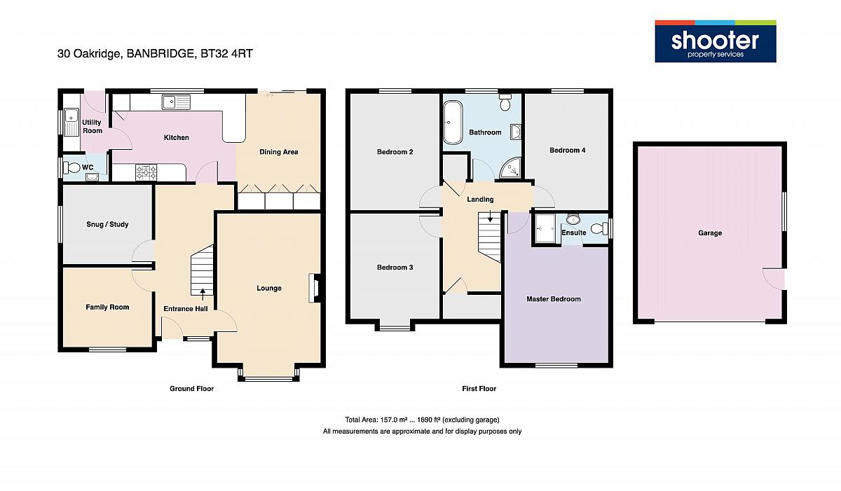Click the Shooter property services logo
click(716, 41)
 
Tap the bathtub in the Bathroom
click(453, 123)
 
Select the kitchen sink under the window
click(177, 102)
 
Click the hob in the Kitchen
click(146, 172)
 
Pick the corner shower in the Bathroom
click(511, 167)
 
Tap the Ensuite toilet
click(599, 228)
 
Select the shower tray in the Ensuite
click(545, 228)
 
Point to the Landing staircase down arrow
click(490, 216)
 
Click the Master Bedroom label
click(554, 299)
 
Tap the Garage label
click(710, 233)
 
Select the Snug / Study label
click(107, 224)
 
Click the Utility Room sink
click(71, 122)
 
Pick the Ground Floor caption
click(191, 389)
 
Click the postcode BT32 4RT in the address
click(227, 54)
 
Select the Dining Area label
click(279, 152)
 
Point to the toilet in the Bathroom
click(505, 102)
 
